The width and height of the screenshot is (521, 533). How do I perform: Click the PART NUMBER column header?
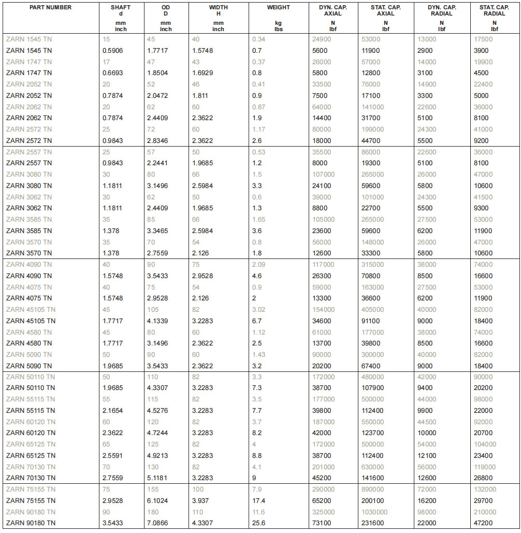click(51, 8)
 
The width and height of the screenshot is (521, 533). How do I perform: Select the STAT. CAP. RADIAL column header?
click(494, 10)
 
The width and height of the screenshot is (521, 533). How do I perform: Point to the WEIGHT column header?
click(278, 8)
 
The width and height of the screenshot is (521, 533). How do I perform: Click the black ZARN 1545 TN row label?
click(29, 51)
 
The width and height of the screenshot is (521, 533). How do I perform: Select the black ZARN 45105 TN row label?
click(31, 321)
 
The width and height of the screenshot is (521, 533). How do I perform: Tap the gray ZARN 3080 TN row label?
click(29, 175)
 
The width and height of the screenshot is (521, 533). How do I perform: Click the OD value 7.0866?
click(157, 523)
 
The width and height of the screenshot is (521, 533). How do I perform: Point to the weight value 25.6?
click(258, 523)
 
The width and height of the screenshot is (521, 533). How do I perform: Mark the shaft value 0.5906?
click(113, 51)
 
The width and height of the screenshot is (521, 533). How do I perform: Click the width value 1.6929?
click(203, 73)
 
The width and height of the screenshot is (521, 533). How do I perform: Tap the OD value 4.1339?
click(157, 321)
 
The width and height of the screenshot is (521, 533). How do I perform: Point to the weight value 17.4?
click(258, 500)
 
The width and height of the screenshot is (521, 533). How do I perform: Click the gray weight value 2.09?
click(258, 265)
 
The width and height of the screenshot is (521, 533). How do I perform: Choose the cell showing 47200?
click(483, 523)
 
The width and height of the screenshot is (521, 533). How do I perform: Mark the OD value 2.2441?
click(157, 163)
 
